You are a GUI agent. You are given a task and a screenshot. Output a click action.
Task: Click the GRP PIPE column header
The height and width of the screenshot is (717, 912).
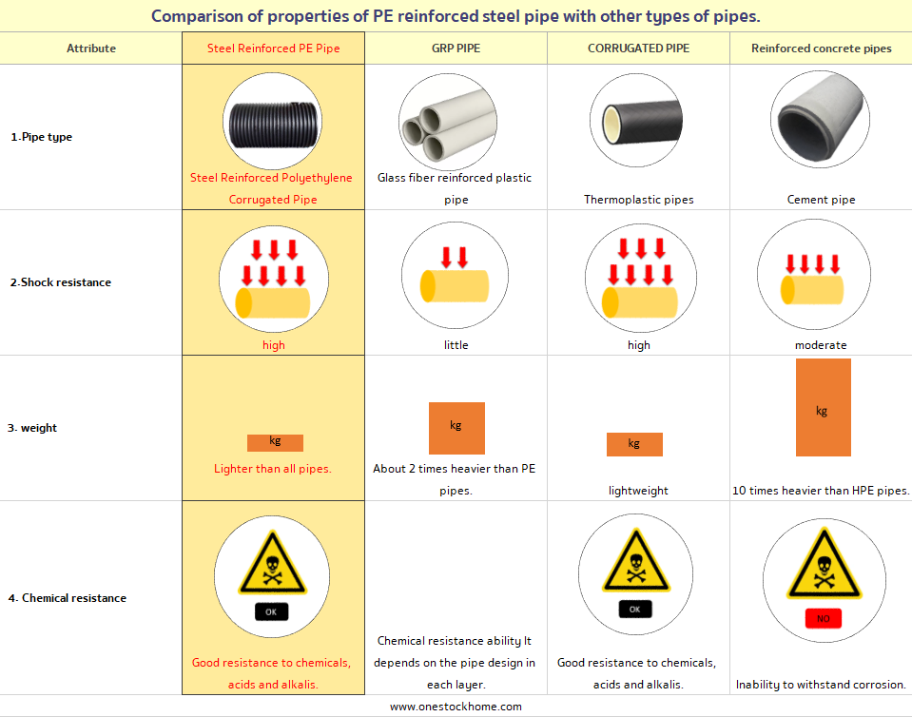click(456, 48)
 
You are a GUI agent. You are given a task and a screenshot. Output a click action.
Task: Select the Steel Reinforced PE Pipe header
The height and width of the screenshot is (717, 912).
click(273, 48)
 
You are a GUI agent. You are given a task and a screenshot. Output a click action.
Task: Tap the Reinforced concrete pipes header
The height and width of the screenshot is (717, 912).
click(822, 48)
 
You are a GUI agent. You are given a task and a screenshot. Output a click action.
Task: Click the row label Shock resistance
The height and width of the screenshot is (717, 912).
click(61, 282)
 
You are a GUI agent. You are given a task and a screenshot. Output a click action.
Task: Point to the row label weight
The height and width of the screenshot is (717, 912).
click(32, 428)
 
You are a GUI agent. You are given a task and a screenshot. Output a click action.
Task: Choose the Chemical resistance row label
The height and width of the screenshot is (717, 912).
click(67, 598)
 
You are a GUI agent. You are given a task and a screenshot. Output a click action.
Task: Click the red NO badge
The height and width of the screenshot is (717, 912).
click(823, 618)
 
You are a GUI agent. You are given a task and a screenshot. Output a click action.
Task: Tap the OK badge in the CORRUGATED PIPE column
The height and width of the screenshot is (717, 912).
click(634, 609)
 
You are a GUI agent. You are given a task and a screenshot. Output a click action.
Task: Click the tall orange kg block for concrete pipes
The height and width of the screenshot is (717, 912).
click(823, 407)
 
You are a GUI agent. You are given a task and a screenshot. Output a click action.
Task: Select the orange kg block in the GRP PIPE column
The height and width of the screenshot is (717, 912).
click(456, 428)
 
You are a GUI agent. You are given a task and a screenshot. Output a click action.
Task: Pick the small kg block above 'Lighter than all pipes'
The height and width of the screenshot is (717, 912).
click(275, 442)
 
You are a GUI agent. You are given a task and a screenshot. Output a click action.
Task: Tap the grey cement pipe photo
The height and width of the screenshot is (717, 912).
click(820, 119)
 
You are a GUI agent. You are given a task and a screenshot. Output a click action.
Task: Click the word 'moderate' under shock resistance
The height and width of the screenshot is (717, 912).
click(821, 345)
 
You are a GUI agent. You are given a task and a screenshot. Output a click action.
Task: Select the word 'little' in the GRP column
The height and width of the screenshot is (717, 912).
click(456, 345)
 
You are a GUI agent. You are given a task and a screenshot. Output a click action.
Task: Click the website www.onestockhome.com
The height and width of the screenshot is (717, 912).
click(456, 707)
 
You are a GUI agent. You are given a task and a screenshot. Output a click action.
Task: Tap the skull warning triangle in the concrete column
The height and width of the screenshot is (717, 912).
click(824, 564)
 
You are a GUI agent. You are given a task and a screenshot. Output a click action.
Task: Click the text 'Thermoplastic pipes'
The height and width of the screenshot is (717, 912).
click(639, 200)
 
